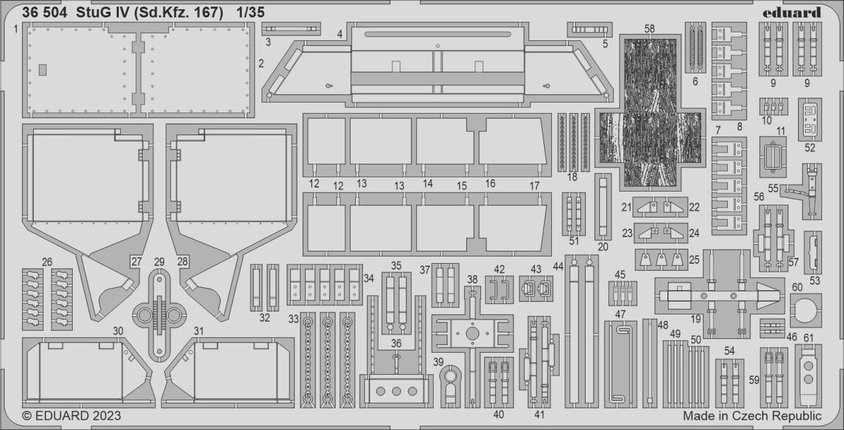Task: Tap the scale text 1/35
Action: [249, 12]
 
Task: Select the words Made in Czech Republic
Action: [751, 416]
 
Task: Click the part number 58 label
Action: [650, 29]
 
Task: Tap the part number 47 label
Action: [620, 314]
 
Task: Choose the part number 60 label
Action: [797, 286]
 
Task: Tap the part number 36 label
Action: [395, 343]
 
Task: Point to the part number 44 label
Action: [558, 266]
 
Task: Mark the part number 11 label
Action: [781, 131]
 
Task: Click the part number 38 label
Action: [472, 279]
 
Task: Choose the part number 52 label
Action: [810, 147]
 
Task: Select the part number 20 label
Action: [603, 246]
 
